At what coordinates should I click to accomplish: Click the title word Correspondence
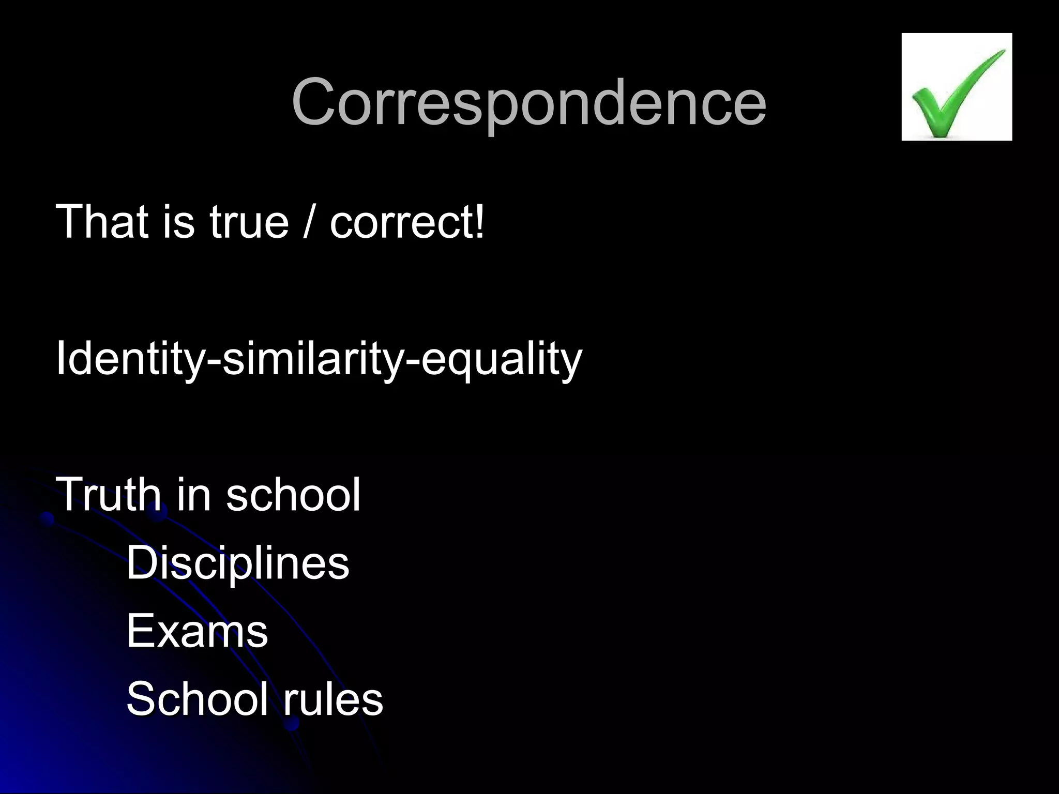[528, 102]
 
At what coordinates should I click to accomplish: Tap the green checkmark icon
[957, 87]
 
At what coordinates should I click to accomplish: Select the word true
[249, 222]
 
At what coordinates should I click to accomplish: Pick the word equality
[502, 359]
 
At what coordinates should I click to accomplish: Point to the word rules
[333, 698]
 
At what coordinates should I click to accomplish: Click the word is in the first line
[178, 222]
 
